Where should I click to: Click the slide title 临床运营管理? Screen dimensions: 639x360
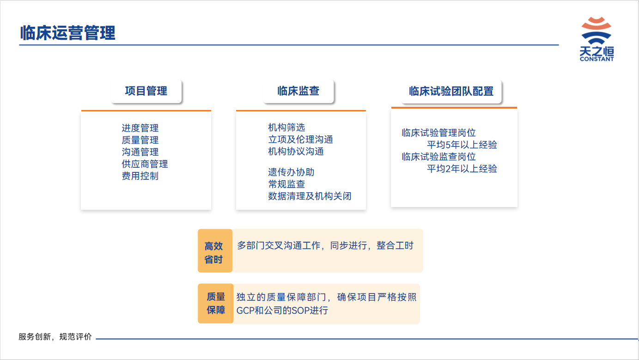point(67,33)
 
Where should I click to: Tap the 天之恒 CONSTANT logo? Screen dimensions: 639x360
point(596,39)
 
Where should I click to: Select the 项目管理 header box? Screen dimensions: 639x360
point(146,92)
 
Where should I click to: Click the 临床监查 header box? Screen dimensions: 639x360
point(298,92)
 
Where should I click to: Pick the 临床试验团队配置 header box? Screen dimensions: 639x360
point(451,92)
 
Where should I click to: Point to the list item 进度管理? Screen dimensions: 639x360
point(140,128)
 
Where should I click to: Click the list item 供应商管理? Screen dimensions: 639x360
point(145,164)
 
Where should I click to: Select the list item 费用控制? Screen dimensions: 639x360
point(140,176)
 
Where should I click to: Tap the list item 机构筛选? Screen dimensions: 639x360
point(286,127)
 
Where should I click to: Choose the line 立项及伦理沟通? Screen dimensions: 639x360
point(301,140)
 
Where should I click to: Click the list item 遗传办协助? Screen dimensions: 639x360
point(291,172)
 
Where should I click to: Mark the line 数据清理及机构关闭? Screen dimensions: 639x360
point(310,196)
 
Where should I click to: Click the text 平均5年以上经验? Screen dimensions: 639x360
point(462,145)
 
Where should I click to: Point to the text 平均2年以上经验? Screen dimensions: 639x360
point(462,169)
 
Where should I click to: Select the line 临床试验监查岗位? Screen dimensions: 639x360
point(439,157)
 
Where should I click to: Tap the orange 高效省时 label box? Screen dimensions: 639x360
point(215,251)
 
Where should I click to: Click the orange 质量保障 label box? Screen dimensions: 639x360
point(216,304)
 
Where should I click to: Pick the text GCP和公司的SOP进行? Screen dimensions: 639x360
point(282,311)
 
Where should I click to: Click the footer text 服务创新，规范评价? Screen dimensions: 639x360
point(55,337)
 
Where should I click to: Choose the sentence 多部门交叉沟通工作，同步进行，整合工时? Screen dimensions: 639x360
point(325,245)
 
